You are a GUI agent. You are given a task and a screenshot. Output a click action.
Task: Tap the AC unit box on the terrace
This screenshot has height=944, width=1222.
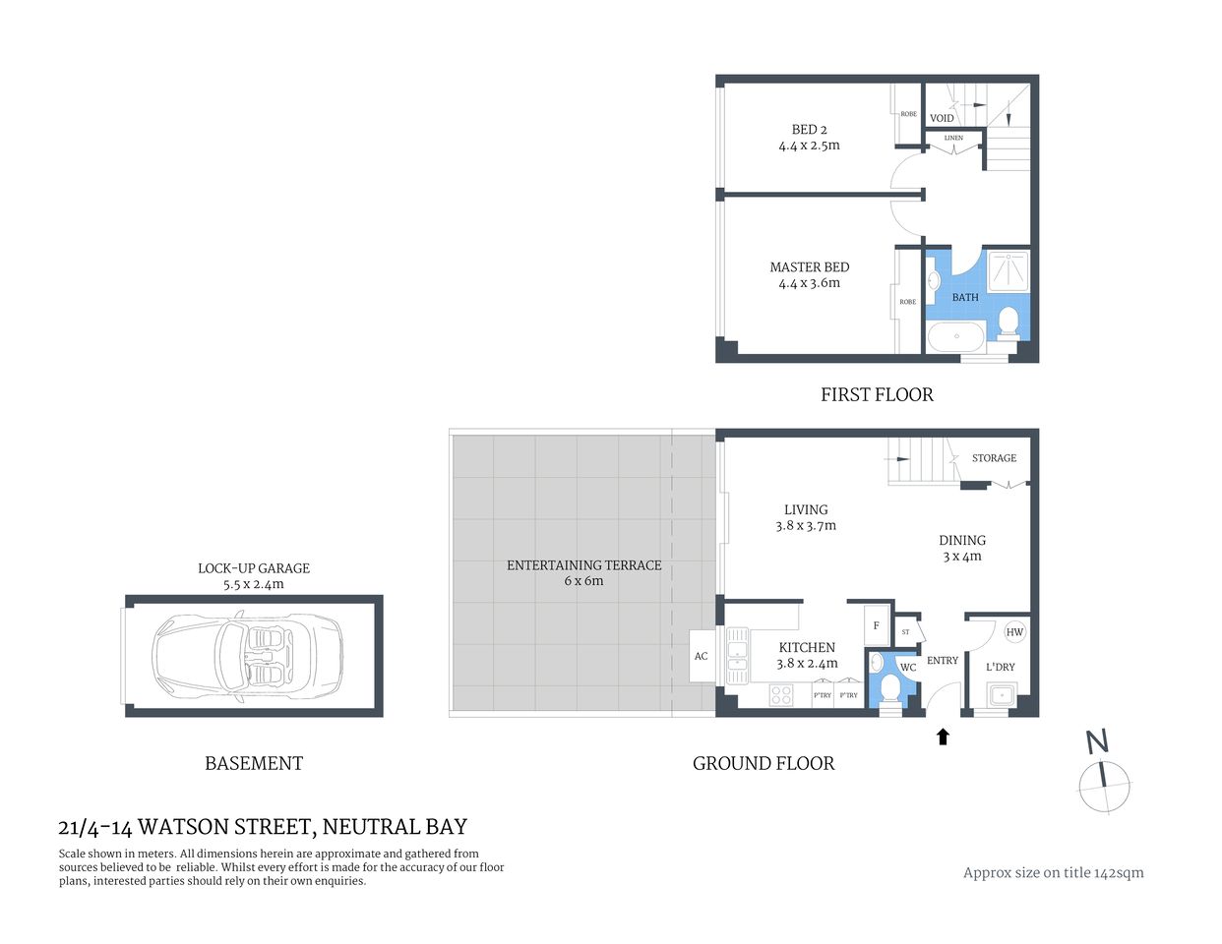(701, 656)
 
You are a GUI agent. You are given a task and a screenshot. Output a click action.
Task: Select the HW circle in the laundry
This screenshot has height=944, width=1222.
(1014, 632)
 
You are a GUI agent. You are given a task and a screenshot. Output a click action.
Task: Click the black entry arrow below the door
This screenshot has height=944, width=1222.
(943, 736)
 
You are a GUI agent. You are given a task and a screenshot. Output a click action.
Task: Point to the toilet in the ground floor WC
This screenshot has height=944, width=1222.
(889, 686)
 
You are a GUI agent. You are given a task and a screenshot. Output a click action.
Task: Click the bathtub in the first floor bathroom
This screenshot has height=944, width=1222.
(956, 337)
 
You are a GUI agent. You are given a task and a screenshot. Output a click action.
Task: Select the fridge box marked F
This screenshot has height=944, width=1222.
(876, 625)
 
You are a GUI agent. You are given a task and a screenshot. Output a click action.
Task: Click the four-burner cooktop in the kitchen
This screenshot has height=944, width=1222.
(781, 694)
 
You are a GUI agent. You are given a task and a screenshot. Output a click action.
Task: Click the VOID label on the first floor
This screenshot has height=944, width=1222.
(942, 118)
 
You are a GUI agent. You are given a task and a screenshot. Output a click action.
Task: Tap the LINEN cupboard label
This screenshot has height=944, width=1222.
(953, 138)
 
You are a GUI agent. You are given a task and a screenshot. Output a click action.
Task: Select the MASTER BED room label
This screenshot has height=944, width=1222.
(809, 267)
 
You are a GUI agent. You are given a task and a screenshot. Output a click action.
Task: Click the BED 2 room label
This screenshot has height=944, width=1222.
(809, 130)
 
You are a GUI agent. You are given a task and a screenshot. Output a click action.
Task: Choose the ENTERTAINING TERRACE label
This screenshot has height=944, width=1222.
(583, 565)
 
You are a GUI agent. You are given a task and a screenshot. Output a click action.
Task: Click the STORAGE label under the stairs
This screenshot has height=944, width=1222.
(994, 458)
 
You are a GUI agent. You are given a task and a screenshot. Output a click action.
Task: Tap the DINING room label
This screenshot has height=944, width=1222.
(961, 541)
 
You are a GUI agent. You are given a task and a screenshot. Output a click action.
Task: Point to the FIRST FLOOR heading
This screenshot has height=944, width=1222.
(877, 394)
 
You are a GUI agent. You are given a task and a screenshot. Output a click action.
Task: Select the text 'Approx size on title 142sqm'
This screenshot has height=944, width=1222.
(1053, 872)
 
